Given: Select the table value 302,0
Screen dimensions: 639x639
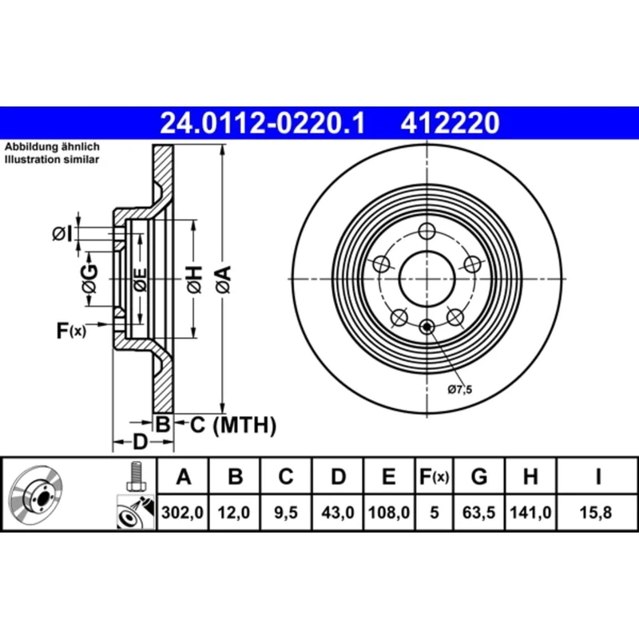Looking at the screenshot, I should [184, 514].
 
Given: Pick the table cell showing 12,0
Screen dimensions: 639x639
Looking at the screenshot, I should [235, 514].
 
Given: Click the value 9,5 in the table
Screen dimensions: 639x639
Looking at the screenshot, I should [285, 514].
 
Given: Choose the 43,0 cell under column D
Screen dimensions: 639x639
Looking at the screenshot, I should [338, 514].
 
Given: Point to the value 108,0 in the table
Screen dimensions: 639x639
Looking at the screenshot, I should [389, 514].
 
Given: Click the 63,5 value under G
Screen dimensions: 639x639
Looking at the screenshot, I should [479, 514].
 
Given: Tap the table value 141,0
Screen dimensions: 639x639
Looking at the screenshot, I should [530, 514].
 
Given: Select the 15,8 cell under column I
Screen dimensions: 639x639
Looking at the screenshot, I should [597, 514].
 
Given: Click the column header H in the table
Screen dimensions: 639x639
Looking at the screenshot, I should [530, 478].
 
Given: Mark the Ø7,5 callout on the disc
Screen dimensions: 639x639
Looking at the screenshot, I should [460, 389].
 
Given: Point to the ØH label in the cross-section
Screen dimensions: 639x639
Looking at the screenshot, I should [194, 279].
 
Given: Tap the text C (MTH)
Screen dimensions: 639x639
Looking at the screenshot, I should [232, 426].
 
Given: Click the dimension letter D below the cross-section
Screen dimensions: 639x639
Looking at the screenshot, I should [139, 442].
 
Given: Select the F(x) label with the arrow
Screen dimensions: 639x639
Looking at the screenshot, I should [71, 328].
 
